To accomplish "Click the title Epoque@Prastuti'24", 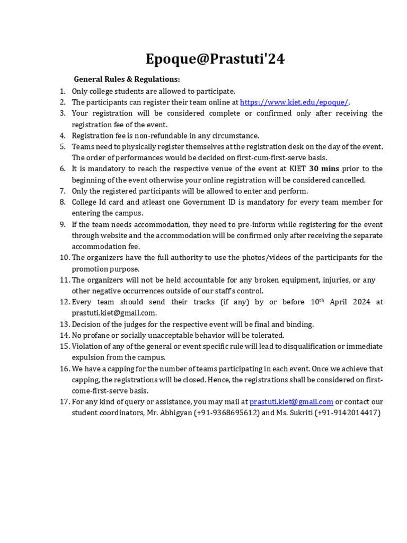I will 215,59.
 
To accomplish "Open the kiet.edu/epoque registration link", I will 294,102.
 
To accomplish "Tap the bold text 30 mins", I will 324,169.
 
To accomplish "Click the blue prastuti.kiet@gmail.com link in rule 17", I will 291,402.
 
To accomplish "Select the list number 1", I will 63,91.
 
